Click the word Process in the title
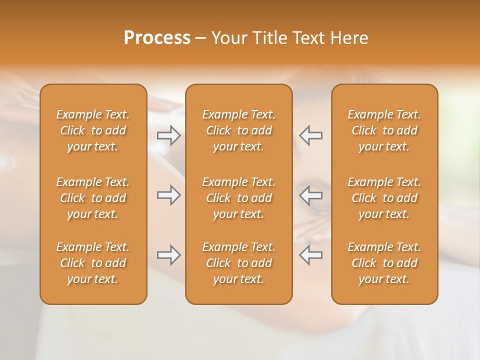pyautogui.click(x=157, y=38)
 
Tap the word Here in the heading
pyautogui.click(x=348, y=38)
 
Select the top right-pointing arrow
pyautogui.click(x=168, y=135)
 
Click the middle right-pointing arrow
pyautogui.click(x=168, y=195)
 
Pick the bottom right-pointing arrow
pyautogui.click(x=168, y=255)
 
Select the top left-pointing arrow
pyautogui.click(x=311, y=135)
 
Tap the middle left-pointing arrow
pyautogui.click(x=311, y=195)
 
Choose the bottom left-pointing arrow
pyautogui.click(x=311, y=255)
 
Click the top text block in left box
pyautogui.click(x=93, y=130)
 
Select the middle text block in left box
pyautogui.click(x=93, y=198)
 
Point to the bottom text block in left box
pyautogui.click(x=93, y=263)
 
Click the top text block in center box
pyautogui.click(x=239, y=130)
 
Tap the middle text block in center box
pyautogui.click(x=239, y=198)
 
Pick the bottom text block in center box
pyautogui.click(x=239, y=263)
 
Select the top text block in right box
pyautogui.click(x=384, y=130)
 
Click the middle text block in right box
pyautogui.click(x=384, y=198)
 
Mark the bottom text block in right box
pyautogui.click(x=384, y=263)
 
